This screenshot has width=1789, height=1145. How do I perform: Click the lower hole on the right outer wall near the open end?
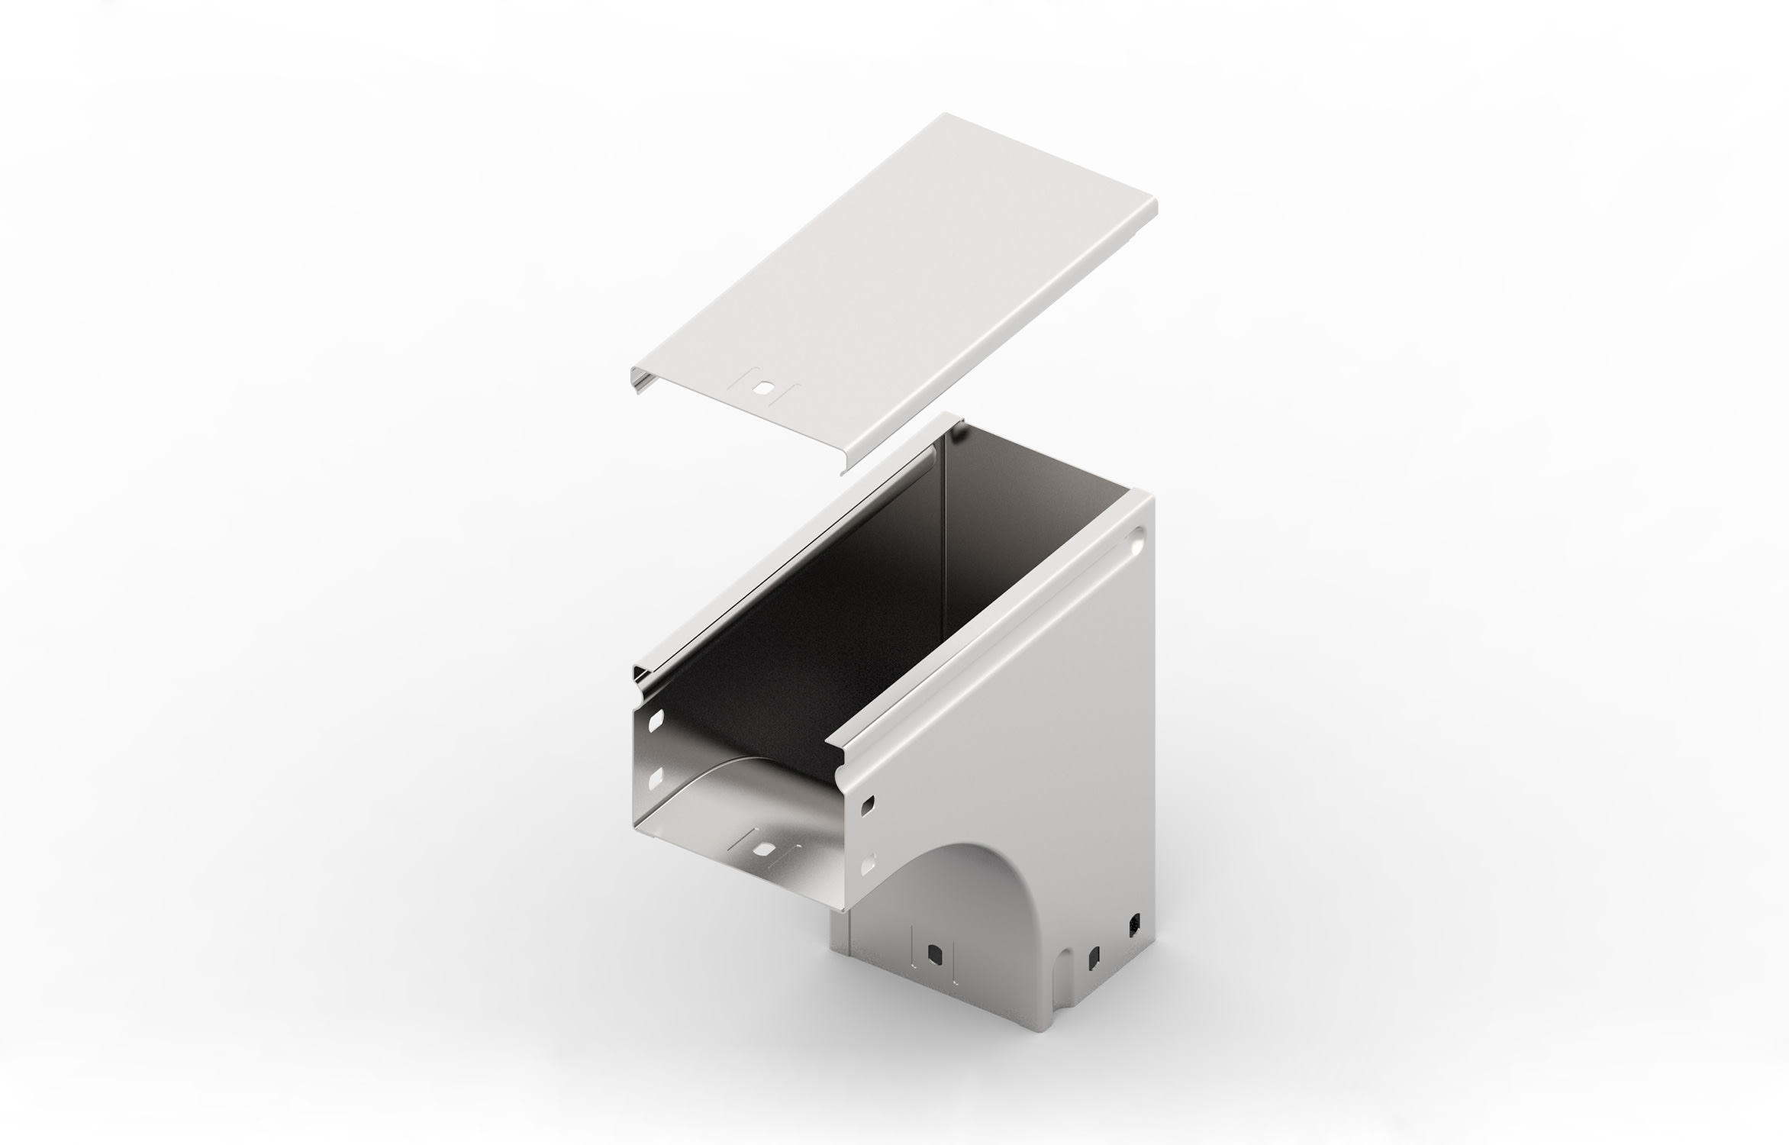point(867,866)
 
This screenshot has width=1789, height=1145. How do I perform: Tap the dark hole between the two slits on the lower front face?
point(933,953)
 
